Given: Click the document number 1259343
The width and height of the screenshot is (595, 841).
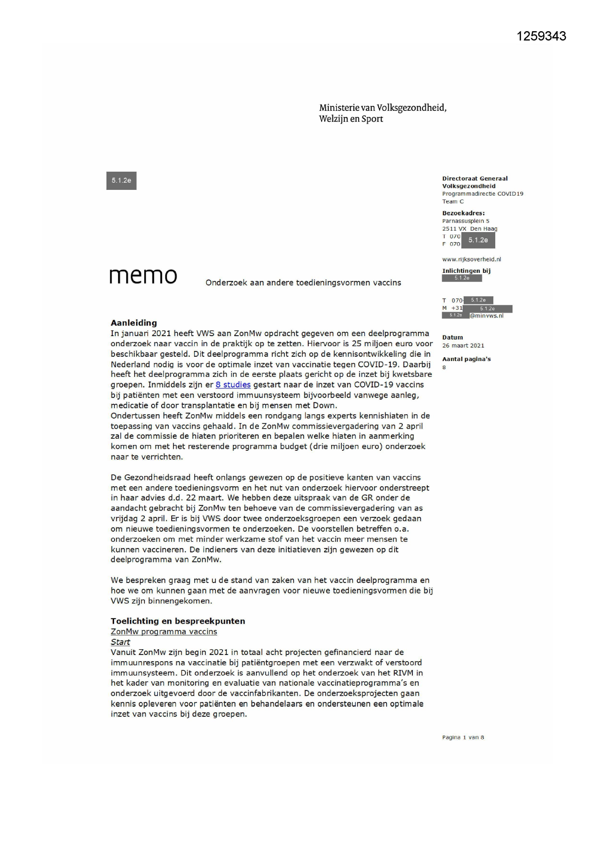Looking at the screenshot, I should [541, 36].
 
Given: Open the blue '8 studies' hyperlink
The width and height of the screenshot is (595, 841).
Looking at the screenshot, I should [233, 385].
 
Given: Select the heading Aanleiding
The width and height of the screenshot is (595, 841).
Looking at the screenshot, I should [134, 323].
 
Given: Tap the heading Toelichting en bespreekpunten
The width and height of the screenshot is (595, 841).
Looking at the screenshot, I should [178, 621].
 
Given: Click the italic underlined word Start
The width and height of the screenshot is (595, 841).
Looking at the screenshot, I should [120, 642].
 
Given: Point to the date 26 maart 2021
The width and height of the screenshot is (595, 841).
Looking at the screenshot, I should [463, 345].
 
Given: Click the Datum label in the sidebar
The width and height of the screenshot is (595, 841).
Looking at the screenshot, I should [453, 337].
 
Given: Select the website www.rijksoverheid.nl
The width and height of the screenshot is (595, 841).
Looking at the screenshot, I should [471, 259].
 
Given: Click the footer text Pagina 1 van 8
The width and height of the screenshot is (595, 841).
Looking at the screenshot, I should [463, 737].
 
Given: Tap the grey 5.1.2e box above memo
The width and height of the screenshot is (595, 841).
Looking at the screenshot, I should [121, 181].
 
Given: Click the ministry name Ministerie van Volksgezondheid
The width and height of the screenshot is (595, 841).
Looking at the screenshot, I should [383, 108].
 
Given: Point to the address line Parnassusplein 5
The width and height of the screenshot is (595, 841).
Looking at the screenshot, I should [466, 221].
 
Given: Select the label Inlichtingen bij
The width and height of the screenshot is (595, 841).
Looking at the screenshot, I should [466, 271].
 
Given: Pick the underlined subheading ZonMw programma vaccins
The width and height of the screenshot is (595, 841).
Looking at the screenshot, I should [163, 631].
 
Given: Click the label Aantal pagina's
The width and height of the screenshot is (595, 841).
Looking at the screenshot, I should [466, 359].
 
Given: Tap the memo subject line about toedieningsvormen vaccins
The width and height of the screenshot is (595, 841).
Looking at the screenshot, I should [303, 283].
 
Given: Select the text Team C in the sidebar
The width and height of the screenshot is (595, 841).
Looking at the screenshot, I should [453, 201].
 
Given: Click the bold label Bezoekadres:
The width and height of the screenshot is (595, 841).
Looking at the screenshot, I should [463, 213].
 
